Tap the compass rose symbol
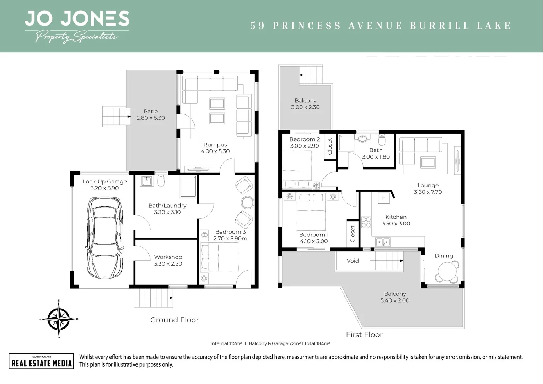[x=58, y=319]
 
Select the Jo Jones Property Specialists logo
[x=77, y=26]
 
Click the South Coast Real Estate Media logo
[x=41, y=361]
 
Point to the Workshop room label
[x=168, y=257]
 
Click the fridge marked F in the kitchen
[x=384, y=198]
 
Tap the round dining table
[x=446, y=272]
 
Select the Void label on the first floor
[x=353, y=261]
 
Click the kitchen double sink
[x=383, y=242]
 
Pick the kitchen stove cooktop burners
[x=366, y=222]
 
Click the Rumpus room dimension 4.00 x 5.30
[x=215, y=151]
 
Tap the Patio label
[x=151, y=111]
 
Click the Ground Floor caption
[x=174, y=320]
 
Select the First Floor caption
[x=364, y=335]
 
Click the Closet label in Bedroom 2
[x=330, y=146]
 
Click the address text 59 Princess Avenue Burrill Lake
[x=381, y=26]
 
